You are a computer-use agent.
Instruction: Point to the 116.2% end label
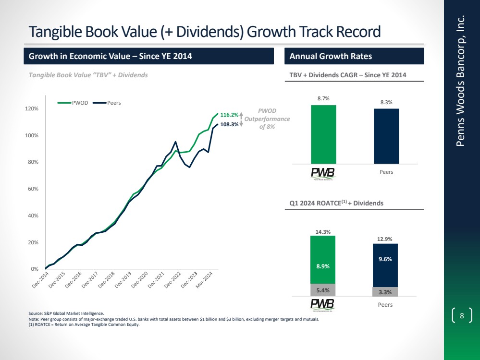coord(229,115)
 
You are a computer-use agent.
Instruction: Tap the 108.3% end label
coord(229,125)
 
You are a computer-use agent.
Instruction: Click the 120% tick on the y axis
coord(32,109)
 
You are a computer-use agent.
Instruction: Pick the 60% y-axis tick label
coord(33,189)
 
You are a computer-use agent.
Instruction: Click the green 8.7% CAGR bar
coord(323,134)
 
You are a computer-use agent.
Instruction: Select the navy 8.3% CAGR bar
coord(386,136)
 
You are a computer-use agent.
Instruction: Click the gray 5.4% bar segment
coord(323,290)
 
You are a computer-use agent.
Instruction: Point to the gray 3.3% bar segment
coord(385,292)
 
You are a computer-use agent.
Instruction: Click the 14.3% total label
coord(323,232)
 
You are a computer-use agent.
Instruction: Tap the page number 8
coord(462,316)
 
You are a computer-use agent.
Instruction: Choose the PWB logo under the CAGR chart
coord(323,173)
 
